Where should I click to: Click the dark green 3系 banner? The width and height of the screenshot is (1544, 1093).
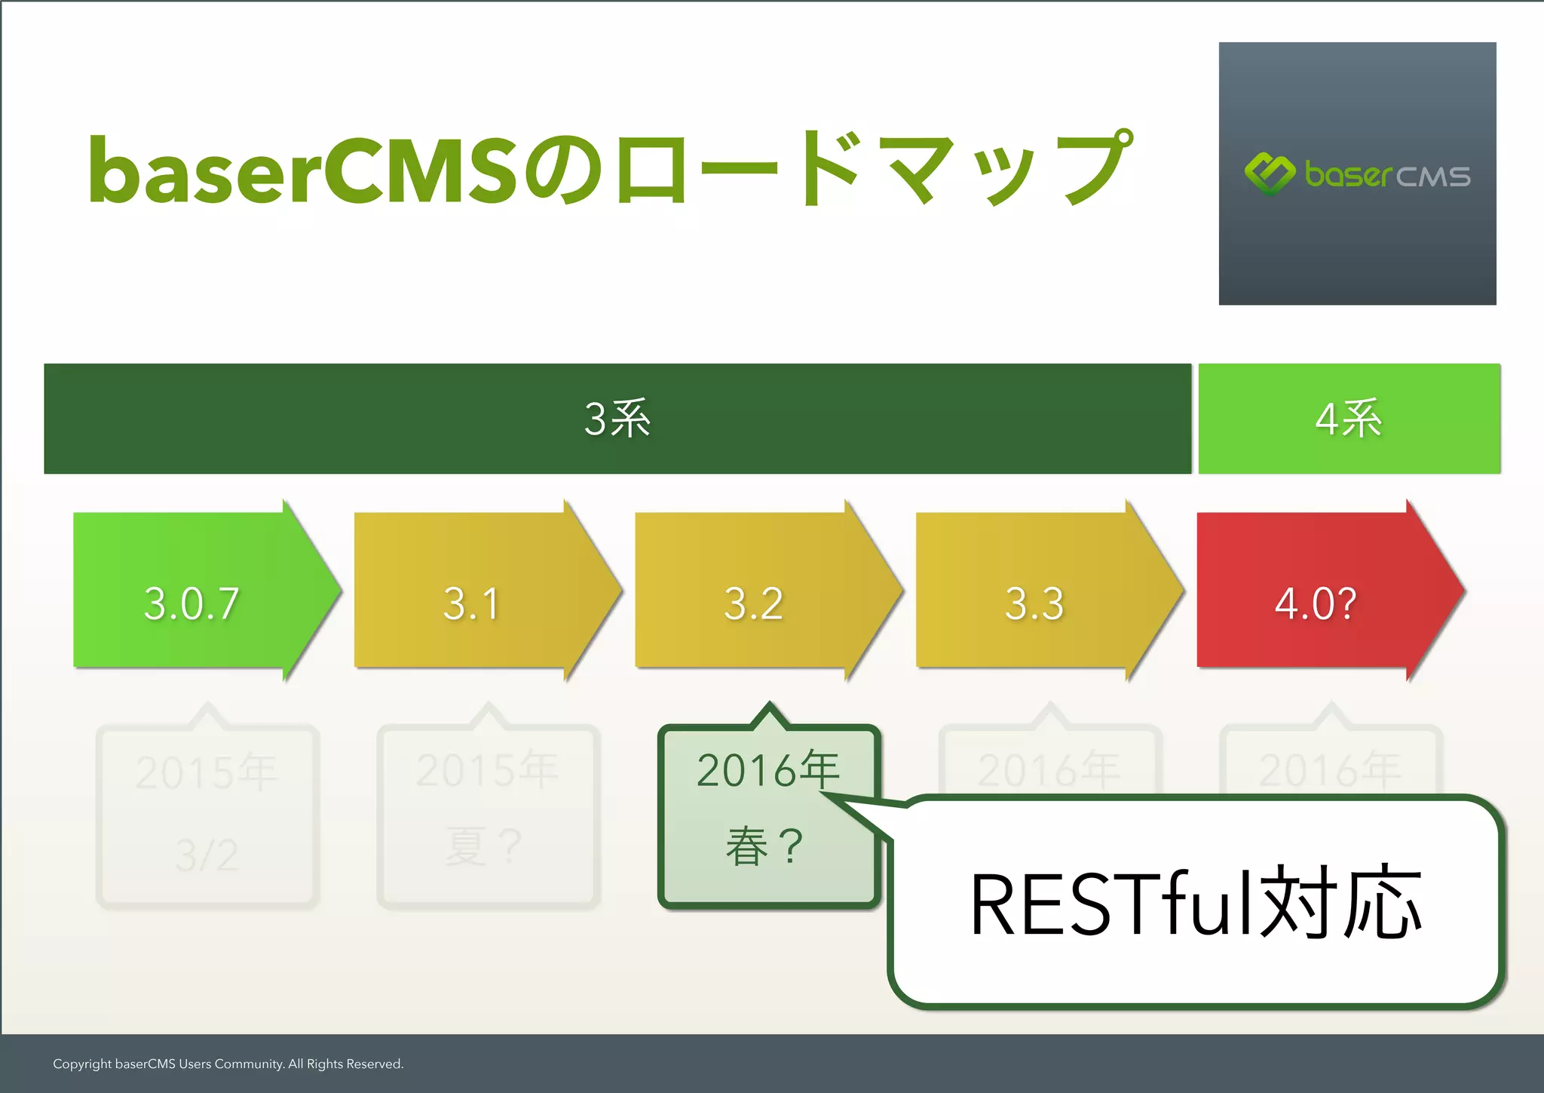[617, 419]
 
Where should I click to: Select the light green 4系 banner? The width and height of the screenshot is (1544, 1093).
[1349, 419]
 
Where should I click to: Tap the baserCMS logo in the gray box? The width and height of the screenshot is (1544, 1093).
[1357, 175]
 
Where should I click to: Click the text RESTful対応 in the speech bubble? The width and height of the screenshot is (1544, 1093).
[1196, 903]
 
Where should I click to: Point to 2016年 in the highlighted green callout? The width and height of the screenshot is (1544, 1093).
[767, 769]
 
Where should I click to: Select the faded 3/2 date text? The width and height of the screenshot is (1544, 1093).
[207, 855]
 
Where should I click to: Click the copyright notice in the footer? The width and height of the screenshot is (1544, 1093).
[228, 1064]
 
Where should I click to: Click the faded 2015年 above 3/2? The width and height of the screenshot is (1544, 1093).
[207, 772]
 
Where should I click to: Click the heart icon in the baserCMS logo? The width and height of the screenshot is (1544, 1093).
[1270, 173]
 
